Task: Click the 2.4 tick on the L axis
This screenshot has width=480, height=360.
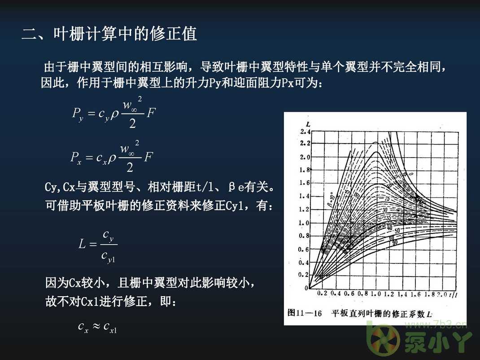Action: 305,132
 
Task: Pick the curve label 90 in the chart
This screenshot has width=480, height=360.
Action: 395,242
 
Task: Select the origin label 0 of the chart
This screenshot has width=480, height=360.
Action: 306,288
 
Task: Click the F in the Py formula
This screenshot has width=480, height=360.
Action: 151,112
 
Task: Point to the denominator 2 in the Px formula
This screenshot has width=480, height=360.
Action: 130,167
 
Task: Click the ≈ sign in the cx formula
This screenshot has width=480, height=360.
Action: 96,326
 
